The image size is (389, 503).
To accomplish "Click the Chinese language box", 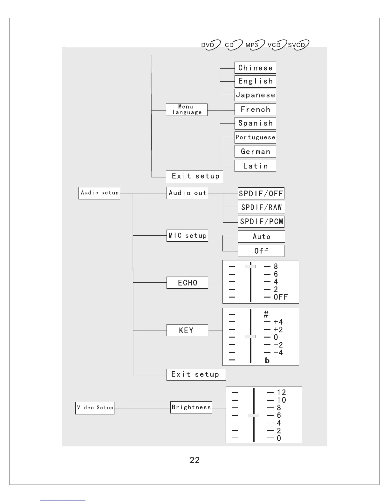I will (x=255, y=68).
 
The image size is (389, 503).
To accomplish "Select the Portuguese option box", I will (x=255, y=137).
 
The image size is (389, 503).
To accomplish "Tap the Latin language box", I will (x=255, y=166).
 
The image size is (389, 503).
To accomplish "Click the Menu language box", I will (x=187, y=110).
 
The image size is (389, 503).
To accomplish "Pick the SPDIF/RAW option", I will (x=261, y=207).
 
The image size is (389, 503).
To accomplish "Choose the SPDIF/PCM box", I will (x=261, y=222).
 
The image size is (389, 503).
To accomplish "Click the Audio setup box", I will (x=99, y=193).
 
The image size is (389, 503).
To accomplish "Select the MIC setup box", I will (x=187, y=236).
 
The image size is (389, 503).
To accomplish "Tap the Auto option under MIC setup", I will (x=261, y=237).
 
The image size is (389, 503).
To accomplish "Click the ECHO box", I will (x=187, y=283).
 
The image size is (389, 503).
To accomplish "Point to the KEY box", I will (x=187, y=330).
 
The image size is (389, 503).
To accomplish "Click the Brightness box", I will (x=191, y=407).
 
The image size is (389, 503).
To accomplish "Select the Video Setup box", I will (x=95, y=408).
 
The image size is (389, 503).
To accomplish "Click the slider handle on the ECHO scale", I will (x=250, y=266).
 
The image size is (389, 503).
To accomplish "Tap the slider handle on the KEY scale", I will (x=250, y=336).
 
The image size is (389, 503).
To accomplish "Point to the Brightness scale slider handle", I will (x=253, y=415).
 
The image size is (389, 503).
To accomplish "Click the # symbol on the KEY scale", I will (x=266, y=314).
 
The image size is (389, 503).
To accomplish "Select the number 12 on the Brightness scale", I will (x=281, y=392).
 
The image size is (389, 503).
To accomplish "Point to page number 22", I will (x=194, y=460).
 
